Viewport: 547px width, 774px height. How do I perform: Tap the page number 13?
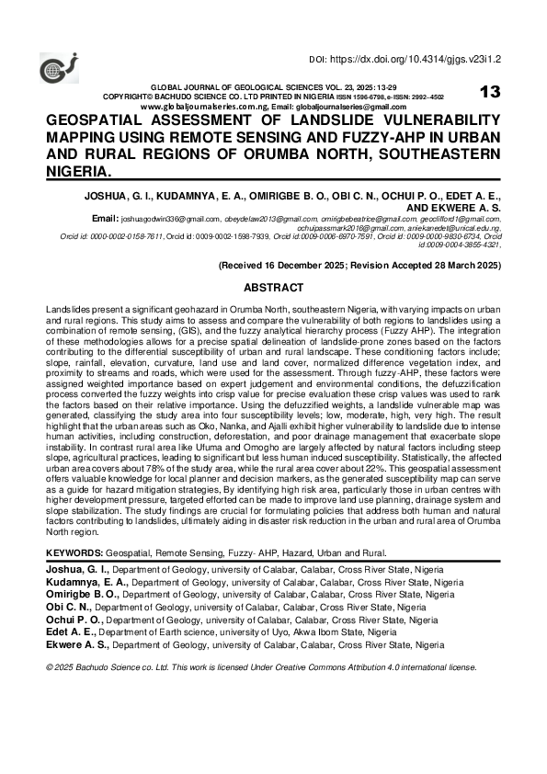[x=489, y=91]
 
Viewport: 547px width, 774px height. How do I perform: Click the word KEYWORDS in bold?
[x=74, y=553]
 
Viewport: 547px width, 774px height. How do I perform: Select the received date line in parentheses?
[x=359, y=265]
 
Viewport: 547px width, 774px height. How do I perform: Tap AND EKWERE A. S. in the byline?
[x=453, y=207]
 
